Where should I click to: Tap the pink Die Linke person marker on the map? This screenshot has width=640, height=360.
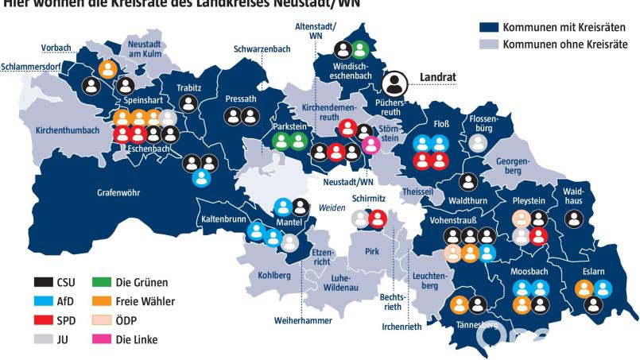pos(370,145)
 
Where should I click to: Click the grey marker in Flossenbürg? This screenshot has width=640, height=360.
pos(477,143)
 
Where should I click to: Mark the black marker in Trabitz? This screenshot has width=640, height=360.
pos(189,103)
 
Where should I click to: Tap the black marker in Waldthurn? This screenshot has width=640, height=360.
pos(468,182)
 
